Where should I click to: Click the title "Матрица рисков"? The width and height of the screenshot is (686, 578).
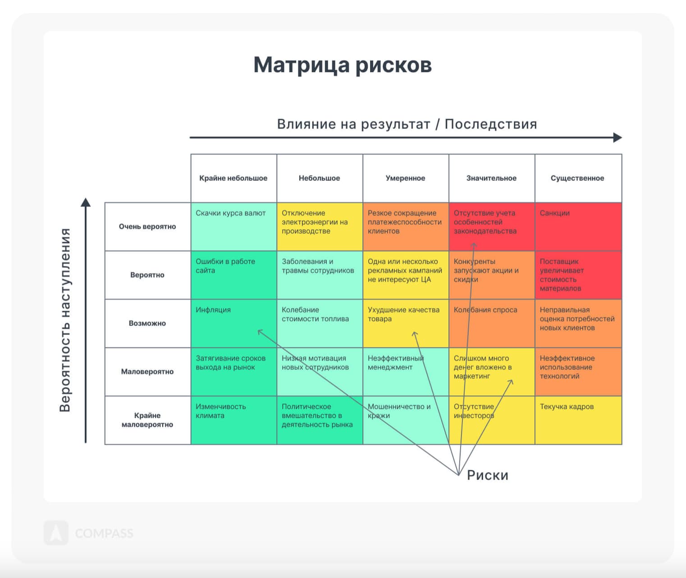pos(343,65)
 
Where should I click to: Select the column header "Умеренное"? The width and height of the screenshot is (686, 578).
pos(405,178)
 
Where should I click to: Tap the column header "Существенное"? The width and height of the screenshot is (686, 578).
pos(578,178)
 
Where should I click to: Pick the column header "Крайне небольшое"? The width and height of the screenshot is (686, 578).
pos(233,178)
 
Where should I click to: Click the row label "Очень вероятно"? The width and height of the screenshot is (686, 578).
pos(147,227)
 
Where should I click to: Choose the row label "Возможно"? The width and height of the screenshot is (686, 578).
pos(147,323)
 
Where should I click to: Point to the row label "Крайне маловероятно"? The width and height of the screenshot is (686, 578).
pos(147,420)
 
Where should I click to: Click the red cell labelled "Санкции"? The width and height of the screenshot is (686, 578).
pos(578,227)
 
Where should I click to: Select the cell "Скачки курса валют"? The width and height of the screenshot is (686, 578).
pos(233,227)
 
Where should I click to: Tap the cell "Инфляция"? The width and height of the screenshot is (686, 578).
pos(233,323)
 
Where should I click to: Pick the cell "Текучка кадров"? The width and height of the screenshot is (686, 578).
pos(578,420)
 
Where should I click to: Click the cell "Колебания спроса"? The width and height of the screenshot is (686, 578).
pos(492,323)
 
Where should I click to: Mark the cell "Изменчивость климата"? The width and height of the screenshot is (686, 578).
pos(233,420)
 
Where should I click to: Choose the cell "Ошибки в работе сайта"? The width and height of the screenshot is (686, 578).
pos(233,275)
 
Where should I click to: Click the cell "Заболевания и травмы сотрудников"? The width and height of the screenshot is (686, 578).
pos(320,275)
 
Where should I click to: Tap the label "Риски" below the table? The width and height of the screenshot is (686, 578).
pos(488,476)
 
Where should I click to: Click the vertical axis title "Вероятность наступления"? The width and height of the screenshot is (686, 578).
pos(65,320)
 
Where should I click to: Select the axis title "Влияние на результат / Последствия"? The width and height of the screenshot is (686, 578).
pos(407,124)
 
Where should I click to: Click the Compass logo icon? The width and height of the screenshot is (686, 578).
pos(56,532)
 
